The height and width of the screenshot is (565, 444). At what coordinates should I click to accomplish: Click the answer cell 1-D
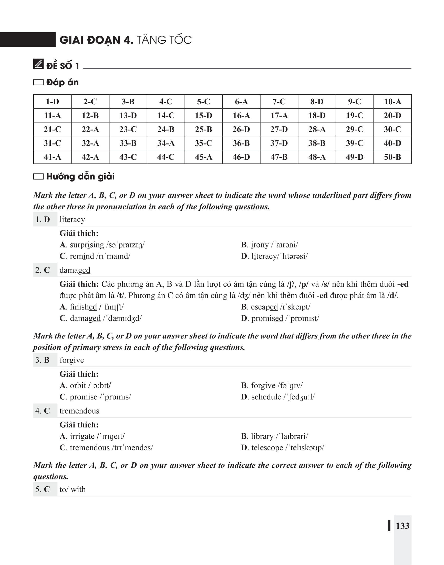[x=52, y=101]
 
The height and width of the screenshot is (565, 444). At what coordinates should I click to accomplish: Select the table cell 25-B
[x=203, y=129]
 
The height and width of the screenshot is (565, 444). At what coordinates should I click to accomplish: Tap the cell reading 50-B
[x=392, y=157]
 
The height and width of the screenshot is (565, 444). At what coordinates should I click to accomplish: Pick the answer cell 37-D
[x=279, y=143]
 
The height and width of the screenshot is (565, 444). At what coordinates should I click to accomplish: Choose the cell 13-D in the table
[x=128, y=116]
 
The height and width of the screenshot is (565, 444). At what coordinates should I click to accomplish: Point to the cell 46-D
[x=241, y=157]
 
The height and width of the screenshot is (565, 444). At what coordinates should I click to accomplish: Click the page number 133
[x=402, y=526]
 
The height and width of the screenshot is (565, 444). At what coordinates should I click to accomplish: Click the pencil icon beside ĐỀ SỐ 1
[x=38, y=64]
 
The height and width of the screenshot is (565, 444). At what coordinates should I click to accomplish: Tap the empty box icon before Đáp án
[x=38, y=83]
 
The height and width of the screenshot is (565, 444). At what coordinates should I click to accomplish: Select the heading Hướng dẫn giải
[x=80, y=177]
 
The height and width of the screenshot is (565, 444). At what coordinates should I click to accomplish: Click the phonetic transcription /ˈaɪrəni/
[x=284, y=245]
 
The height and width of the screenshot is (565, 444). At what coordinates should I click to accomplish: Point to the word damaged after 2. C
[x=75, y=270]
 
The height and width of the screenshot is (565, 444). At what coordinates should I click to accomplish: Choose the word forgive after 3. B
[x=72, y=360]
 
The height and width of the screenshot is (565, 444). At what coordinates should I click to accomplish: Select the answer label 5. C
[x=43, y=489]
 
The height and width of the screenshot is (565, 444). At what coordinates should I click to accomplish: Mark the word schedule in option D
[x=266, y=397]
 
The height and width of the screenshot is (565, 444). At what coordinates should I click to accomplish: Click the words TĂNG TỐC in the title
[x=164, y=40]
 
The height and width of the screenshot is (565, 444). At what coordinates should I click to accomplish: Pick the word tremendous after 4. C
[x=79, y=411]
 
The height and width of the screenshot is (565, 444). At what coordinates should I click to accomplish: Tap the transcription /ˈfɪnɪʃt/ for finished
[x=111, y=307]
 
